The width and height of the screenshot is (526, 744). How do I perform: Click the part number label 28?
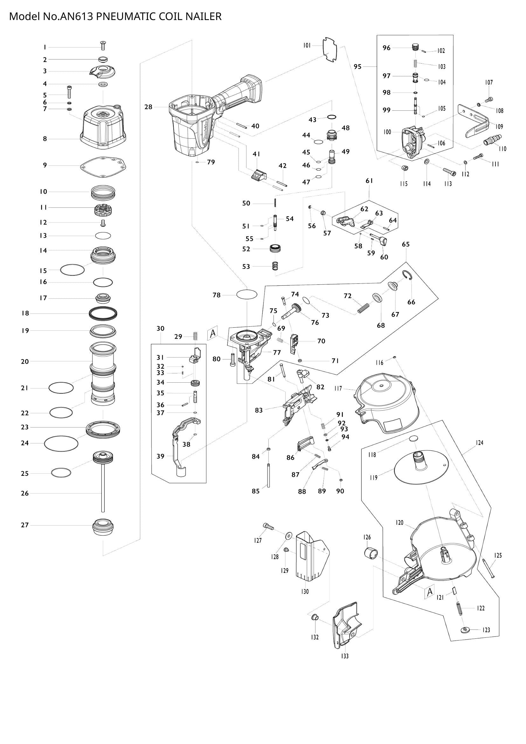pos(148,107)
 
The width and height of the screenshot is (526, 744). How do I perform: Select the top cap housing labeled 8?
pos(103,128)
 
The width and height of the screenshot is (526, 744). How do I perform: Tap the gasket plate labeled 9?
pos(103,167)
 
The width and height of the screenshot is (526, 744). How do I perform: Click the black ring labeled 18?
pos(103,313)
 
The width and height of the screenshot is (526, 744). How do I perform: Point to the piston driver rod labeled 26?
pos(103,492)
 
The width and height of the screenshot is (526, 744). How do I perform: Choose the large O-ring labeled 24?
pos(61,443)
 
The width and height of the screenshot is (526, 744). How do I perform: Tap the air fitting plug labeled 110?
pos(492,140)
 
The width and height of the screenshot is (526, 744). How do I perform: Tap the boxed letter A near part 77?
pos(212,333)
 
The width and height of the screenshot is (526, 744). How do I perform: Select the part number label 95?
pos(357,67)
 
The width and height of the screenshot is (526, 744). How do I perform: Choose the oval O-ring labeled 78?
pos(247,295)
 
